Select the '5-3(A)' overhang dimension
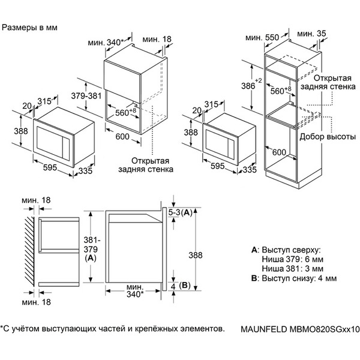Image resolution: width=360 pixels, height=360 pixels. (x=179, y=212)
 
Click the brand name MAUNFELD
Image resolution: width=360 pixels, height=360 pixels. (x=262, y=329)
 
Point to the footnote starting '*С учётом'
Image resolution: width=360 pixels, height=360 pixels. (x=114, y=328)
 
